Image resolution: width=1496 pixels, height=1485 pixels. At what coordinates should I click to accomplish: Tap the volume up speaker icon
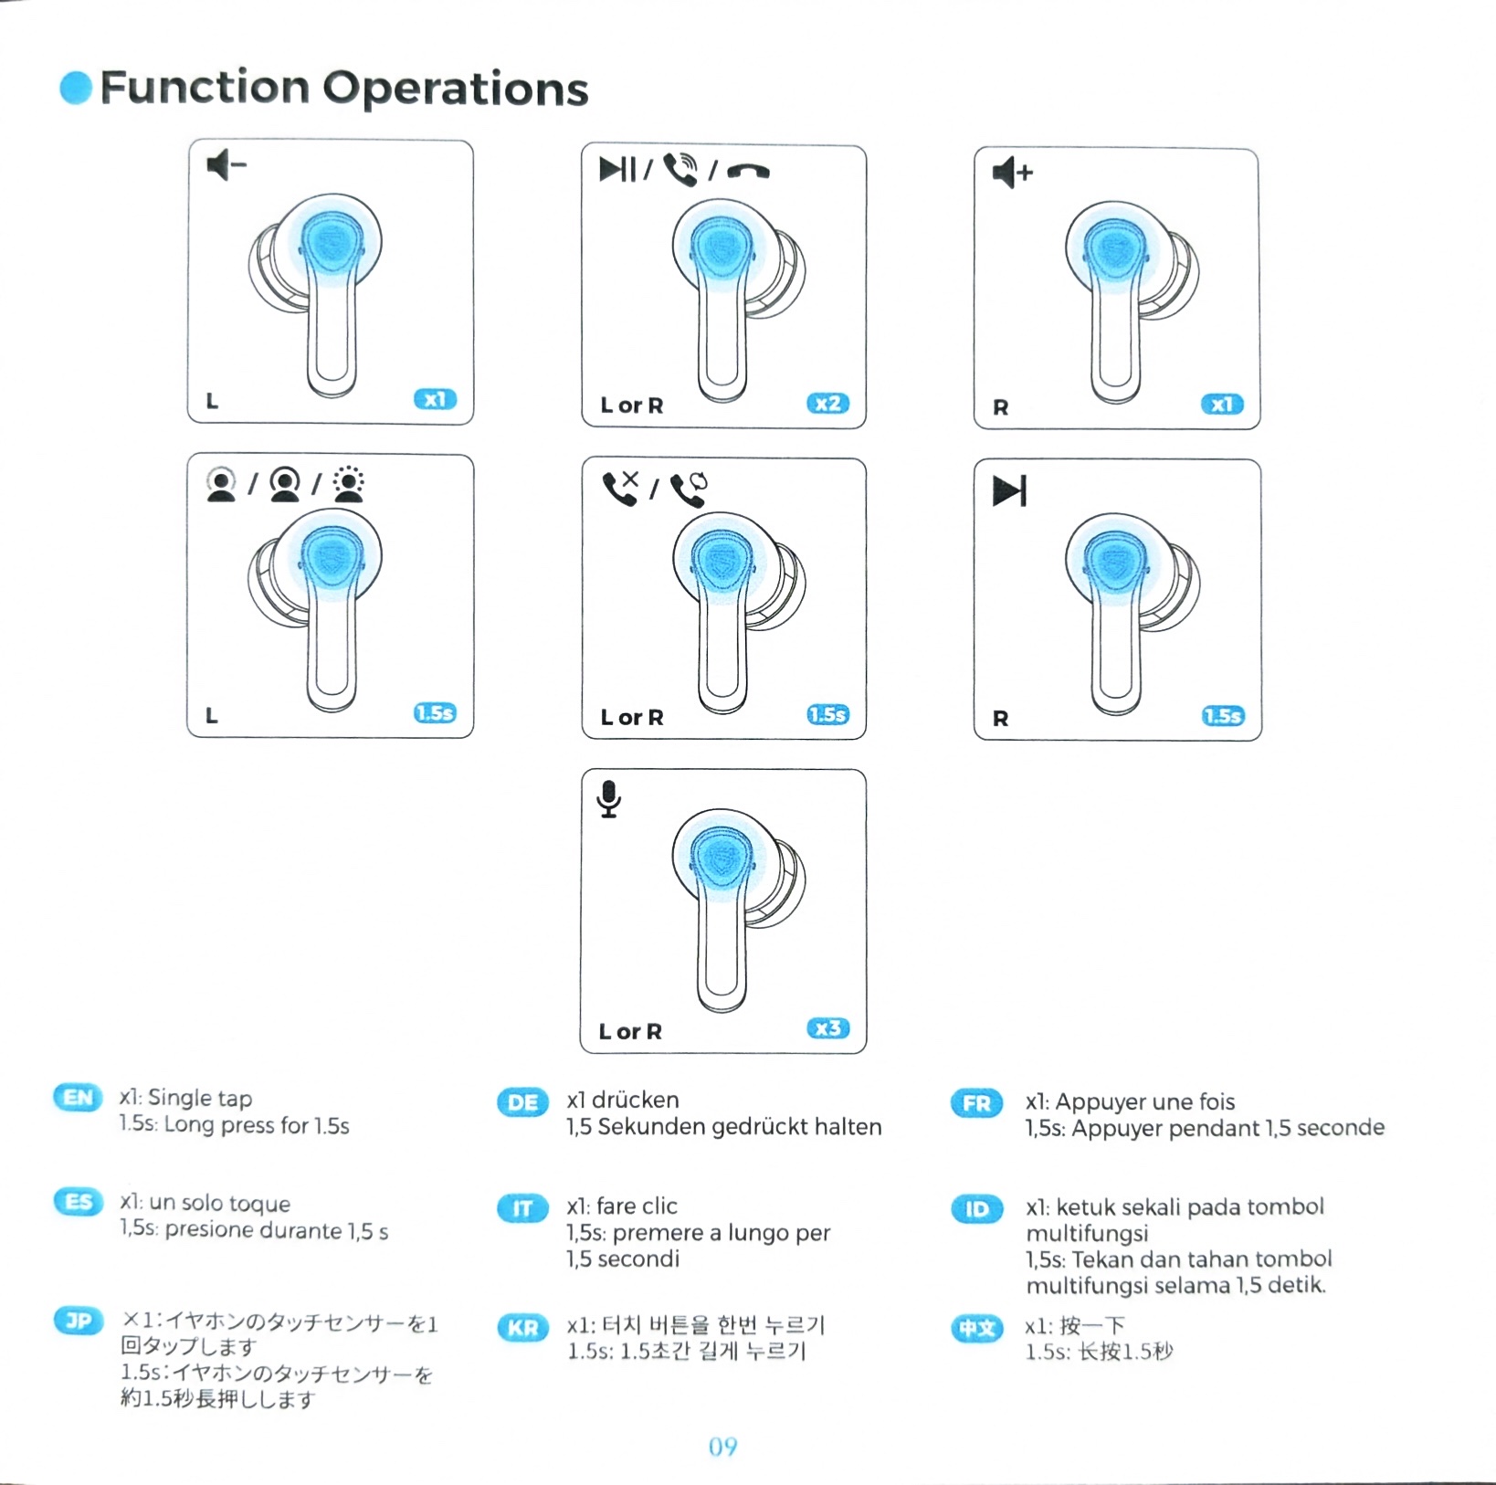pos(1012,172)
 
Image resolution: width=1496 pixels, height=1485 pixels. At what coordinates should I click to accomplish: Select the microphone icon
pos(609,799)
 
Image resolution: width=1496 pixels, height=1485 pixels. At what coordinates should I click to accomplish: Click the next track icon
pos(1009,490)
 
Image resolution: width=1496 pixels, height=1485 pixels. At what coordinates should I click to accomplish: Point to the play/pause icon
pos(617,169)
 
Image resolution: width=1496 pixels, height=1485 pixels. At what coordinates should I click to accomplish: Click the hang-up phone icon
pos(748,171)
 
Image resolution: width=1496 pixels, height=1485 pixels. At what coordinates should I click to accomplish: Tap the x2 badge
pos(827,404)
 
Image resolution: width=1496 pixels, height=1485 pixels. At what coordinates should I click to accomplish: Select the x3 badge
pos(828,1028)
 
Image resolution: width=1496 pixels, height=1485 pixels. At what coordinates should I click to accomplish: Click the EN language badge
pos(79,1097)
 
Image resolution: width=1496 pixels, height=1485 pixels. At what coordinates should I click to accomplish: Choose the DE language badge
pos(522,1101)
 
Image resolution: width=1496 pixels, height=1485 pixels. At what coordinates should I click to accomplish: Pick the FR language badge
pos(976,1102)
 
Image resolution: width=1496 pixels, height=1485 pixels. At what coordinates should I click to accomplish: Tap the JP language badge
pos(79,1321)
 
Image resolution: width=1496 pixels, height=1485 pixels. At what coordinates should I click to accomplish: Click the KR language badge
pos(522,1327)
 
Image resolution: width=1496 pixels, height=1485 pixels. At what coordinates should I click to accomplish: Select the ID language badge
pos(976,1209)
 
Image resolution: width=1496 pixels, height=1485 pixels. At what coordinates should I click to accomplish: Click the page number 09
pos(722,1447)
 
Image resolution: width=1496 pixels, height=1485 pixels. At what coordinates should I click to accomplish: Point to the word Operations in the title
pos(455,89)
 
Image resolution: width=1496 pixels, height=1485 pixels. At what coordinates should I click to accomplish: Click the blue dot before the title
pos(76,88)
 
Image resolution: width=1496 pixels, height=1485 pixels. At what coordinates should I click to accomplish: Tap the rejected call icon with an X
pos(621,488)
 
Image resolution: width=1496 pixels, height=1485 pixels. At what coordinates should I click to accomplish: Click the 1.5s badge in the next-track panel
pos(1223,716)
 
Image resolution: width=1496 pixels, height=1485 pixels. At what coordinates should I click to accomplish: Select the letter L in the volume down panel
pos(212,401)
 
